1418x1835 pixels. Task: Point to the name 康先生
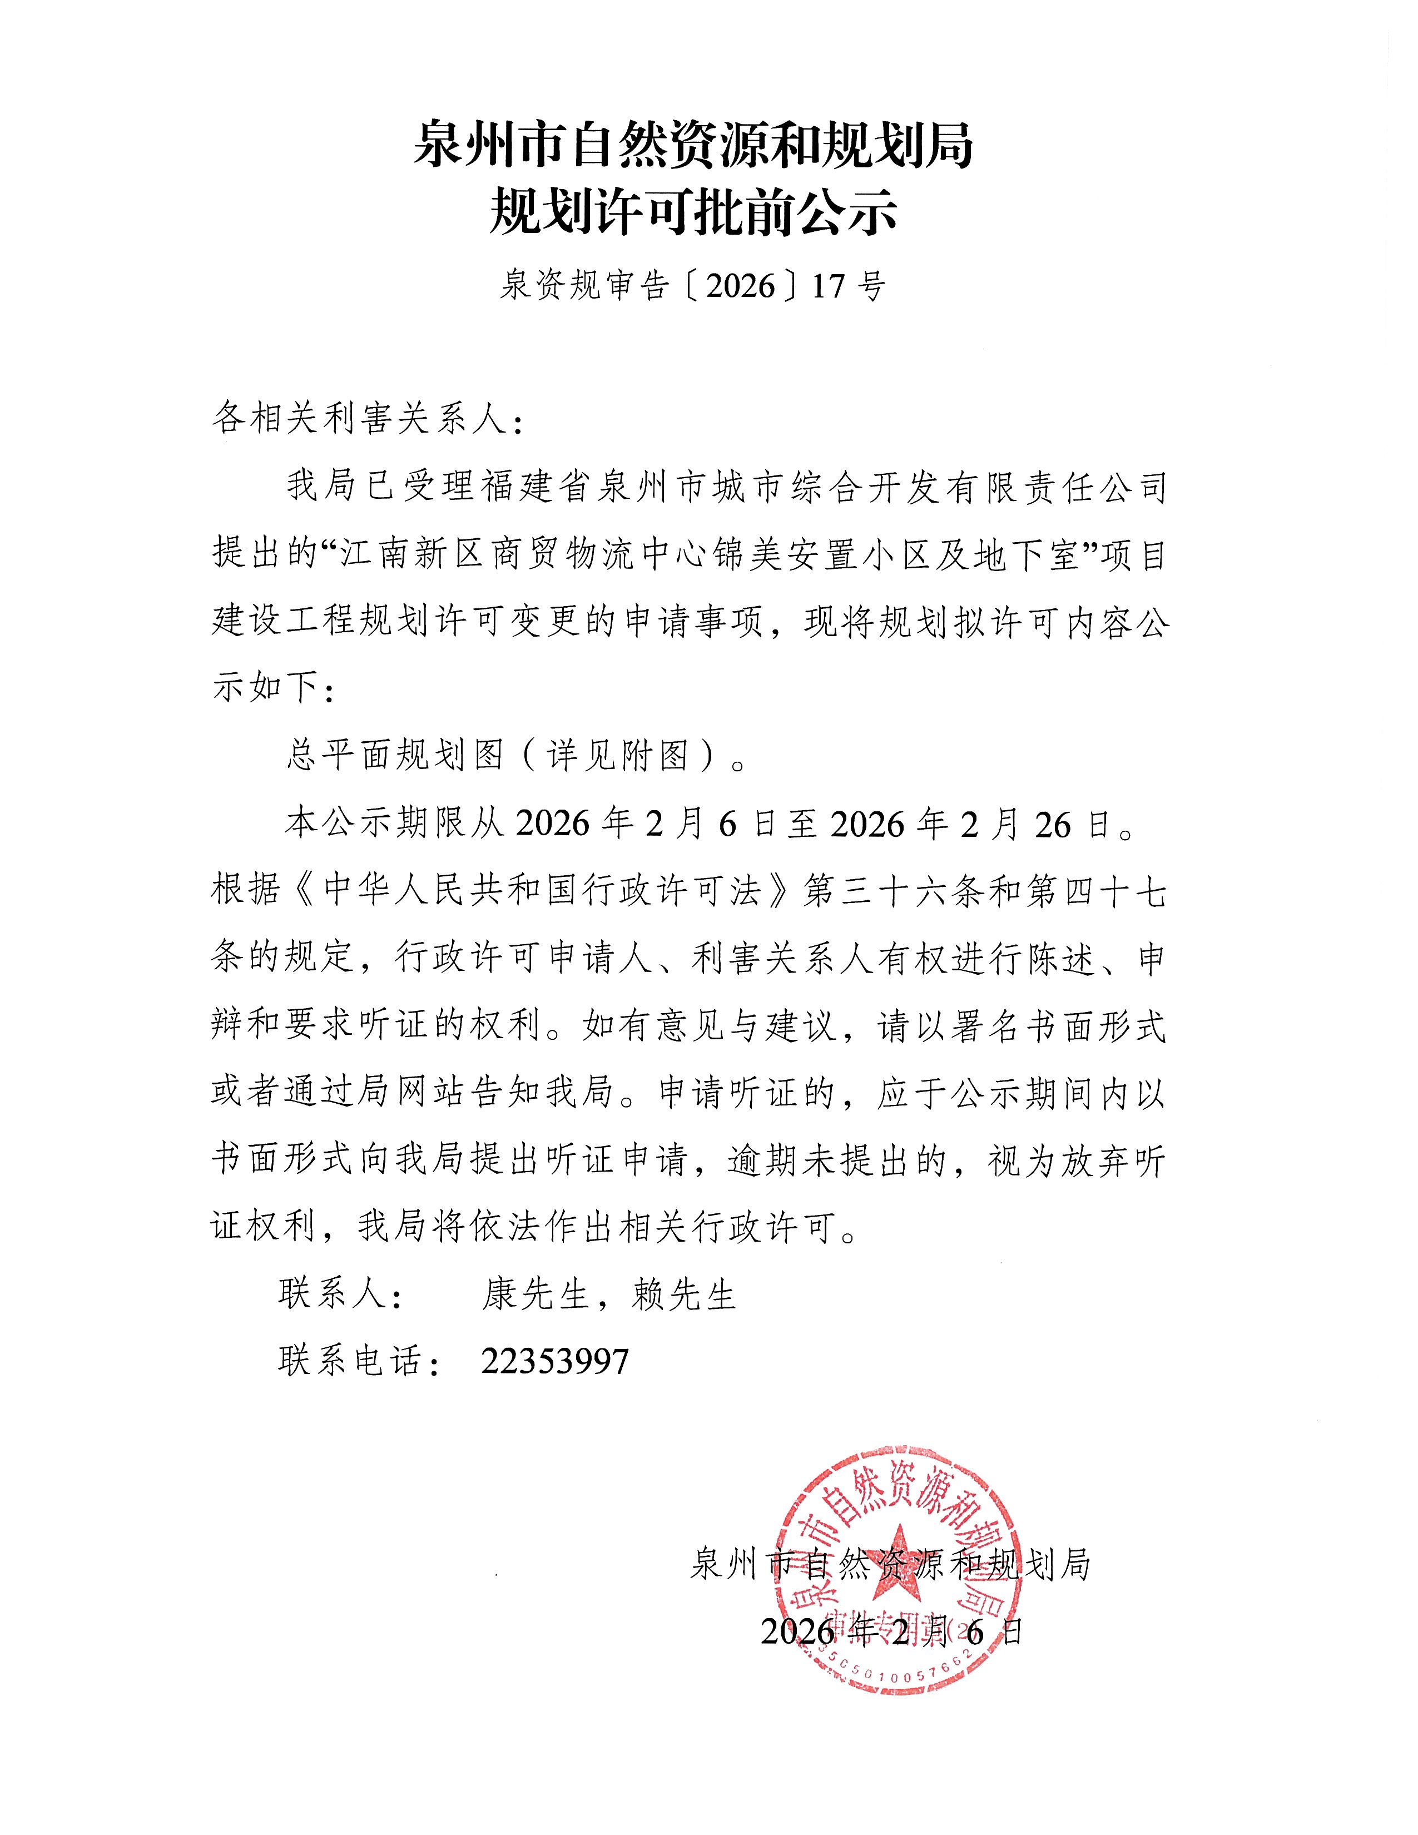tap(535, 1293)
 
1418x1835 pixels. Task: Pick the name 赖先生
tap(685, 1293)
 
